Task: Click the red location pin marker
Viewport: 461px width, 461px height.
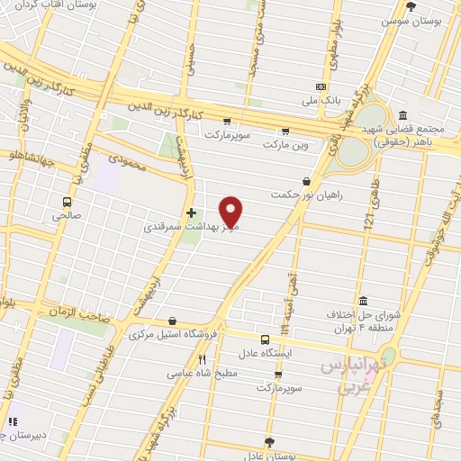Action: pos(231,212)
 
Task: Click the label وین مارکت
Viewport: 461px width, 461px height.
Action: pos(285,142)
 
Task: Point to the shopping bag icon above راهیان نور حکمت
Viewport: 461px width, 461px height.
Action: pos(306,181)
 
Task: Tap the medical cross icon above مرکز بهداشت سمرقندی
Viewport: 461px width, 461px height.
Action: pos(190,213)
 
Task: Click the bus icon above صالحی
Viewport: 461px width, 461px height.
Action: pos(68,202)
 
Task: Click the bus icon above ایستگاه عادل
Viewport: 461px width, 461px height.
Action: pos(265,339)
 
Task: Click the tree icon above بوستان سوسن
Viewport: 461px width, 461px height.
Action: pos(411,6)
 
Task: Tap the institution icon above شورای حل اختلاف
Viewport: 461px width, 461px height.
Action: pos(363,301)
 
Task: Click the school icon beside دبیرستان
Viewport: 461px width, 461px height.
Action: pos(13,421)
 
